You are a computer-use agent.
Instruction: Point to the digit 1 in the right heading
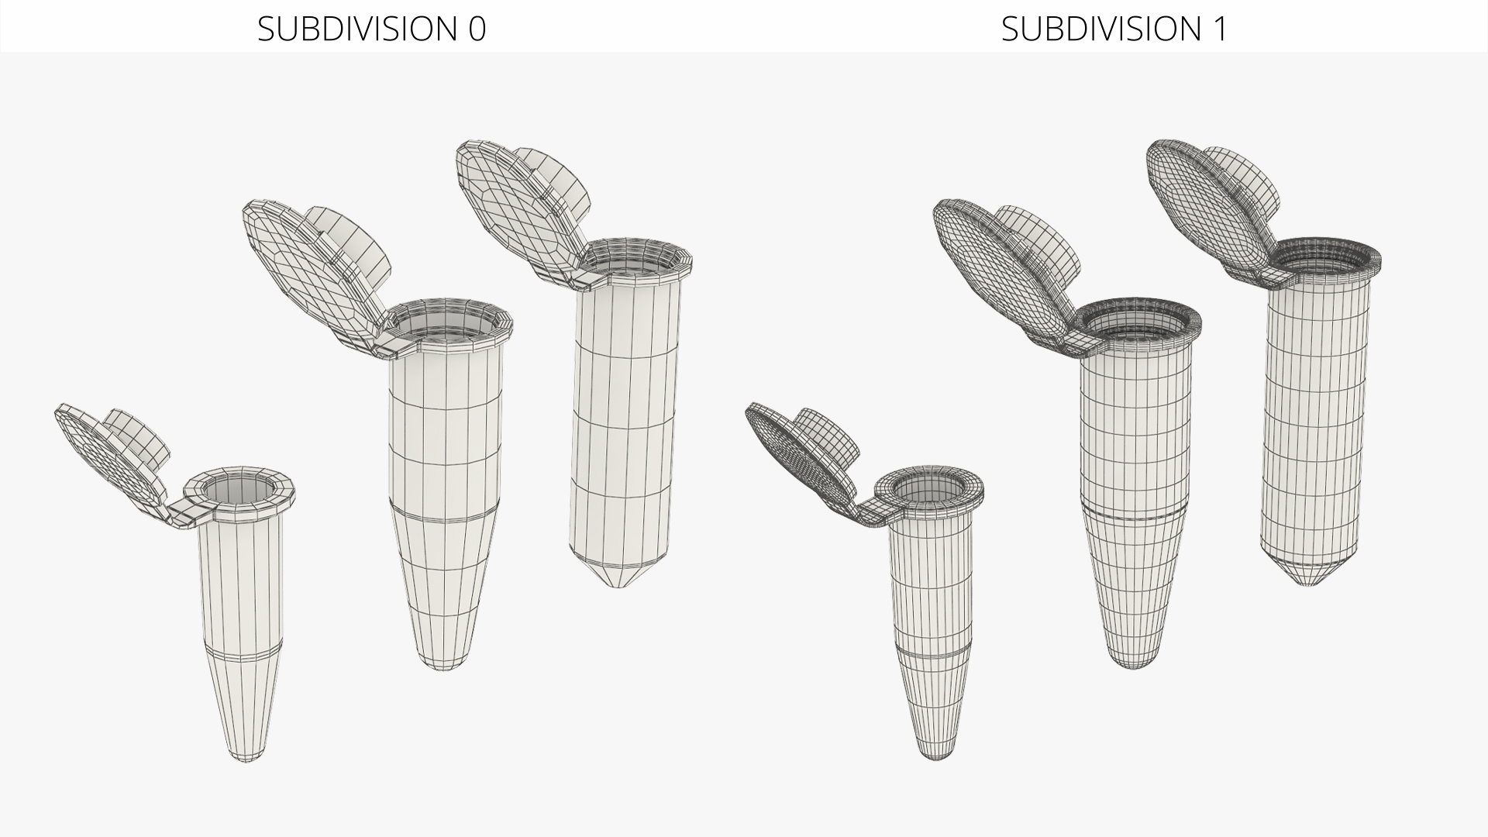click(1220, 29)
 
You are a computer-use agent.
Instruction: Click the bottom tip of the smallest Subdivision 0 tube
click(246, 762)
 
